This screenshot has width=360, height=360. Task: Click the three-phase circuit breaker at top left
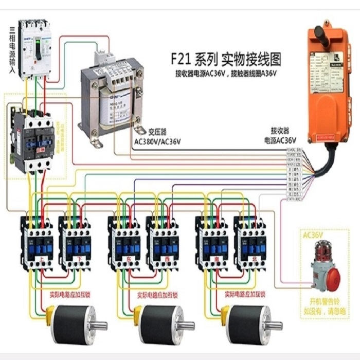35,49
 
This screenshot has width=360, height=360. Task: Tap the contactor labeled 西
164,242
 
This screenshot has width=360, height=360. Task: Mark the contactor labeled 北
251,242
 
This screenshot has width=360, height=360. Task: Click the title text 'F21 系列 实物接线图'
227,58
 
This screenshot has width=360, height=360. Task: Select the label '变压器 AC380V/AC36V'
158,137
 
